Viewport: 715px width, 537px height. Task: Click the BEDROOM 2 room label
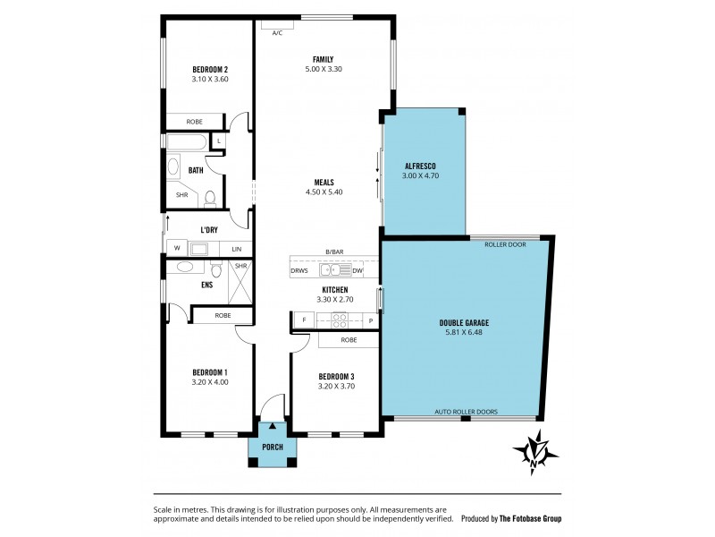[x=210, y=69]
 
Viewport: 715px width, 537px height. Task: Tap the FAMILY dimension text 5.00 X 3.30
[x=323, y=69]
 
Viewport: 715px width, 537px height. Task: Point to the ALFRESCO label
[x=419, y=166]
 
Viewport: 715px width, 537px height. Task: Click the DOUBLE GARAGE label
[x=463, y=322]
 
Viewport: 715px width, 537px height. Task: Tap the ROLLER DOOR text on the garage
[x=505, y=243]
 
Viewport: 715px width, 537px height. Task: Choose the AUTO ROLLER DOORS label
[x=466, y=412]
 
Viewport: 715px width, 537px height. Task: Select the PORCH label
[x=272, y=447]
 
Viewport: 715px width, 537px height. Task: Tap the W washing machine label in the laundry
[x=176, y=249]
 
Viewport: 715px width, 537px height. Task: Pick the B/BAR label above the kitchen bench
[x=335, y=253]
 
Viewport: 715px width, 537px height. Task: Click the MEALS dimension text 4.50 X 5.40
[x=324, y=192]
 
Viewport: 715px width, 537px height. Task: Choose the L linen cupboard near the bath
[x=219, y=141]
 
